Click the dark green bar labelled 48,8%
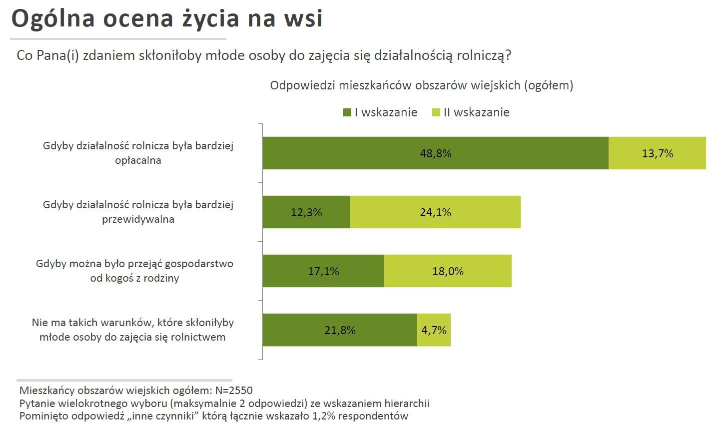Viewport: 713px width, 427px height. [435, 153]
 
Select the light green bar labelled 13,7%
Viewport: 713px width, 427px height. [657, 153]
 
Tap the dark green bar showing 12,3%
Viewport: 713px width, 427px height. [306, 212]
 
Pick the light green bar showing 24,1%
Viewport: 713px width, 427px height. [435, 212]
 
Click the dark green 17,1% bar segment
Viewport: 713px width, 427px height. [323, 271]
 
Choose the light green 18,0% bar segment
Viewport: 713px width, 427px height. [447, 271]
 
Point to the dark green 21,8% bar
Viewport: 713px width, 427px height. [339, 330]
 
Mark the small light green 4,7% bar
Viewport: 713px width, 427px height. [434, 330]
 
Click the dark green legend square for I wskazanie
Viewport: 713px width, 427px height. [347, 112]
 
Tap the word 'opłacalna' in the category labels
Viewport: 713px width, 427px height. [138, 161]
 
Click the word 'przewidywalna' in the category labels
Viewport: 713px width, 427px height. [138, 219]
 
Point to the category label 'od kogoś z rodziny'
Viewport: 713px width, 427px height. [134, 278]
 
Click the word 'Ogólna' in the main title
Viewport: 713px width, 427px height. [49, 18]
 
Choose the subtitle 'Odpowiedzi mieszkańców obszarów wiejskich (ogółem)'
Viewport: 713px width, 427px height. [421, 85]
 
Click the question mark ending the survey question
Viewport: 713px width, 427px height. [507, 55]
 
